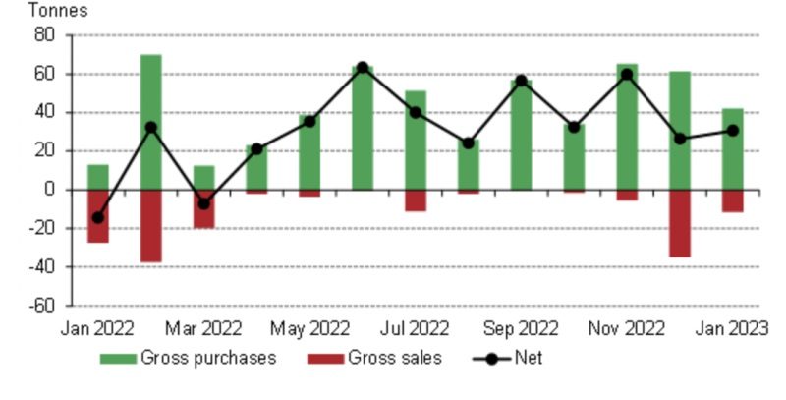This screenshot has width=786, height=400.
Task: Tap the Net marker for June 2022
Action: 363,68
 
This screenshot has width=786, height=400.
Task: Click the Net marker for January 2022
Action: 97,217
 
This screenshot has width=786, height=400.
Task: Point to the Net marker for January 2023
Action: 733,131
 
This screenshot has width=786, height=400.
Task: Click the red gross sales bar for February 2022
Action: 150,226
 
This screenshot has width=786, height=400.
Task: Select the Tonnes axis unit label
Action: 58,12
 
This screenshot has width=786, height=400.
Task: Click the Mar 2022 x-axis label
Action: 203,328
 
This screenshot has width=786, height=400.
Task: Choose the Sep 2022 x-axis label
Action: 521,328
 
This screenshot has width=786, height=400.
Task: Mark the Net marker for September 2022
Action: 521,81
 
